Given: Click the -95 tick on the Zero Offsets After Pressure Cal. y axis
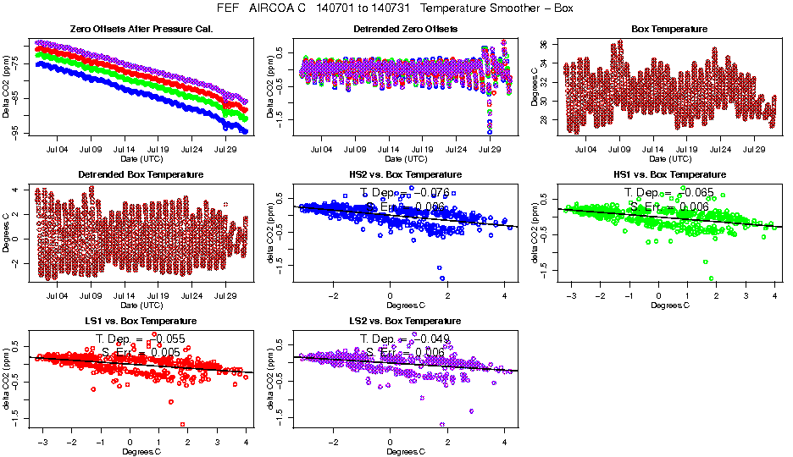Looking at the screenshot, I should (16, 132).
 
